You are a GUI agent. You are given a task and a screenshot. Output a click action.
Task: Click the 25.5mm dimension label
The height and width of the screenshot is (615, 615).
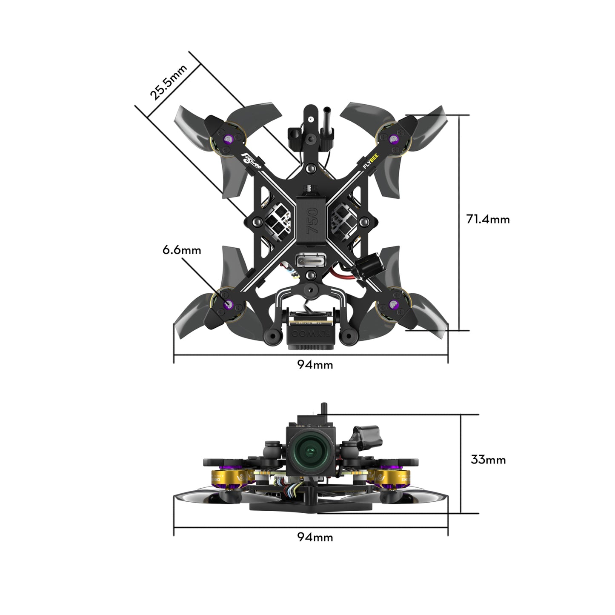169,83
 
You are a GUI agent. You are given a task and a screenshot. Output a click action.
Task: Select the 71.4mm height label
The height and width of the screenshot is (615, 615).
488,219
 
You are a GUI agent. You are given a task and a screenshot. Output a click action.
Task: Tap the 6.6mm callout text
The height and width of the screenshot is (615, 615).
182,250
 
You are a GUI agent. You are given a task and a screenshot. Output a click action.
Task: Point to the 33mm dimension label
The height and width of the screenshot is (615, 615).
488,460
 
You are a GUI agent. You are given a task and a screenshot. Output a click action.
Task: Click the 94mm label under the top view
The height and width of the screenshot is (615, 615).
315,365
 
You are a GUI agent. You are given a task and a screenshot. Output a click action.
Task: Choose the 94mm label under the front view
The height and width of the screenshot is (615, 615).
315,537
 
